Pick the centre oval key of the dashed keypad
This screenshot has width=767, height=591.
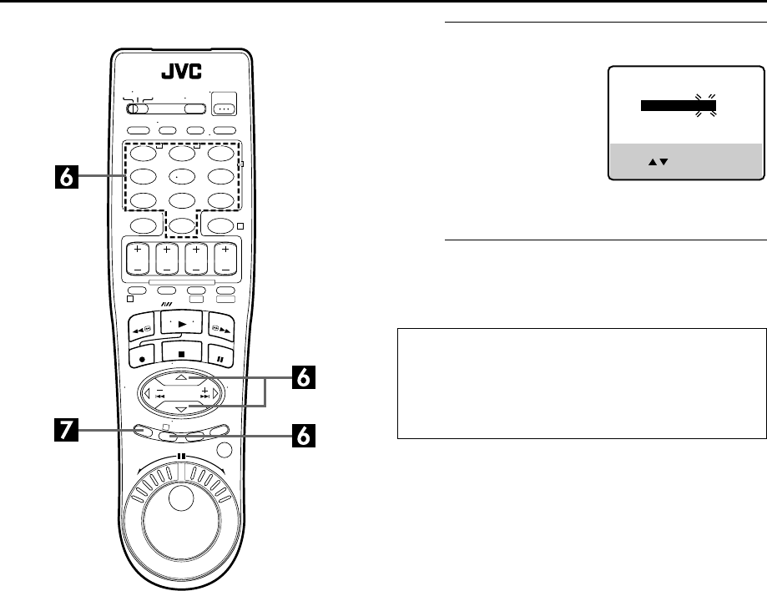(181, 177)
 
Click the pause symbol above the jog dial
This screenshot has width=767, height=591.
(179, 458)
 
